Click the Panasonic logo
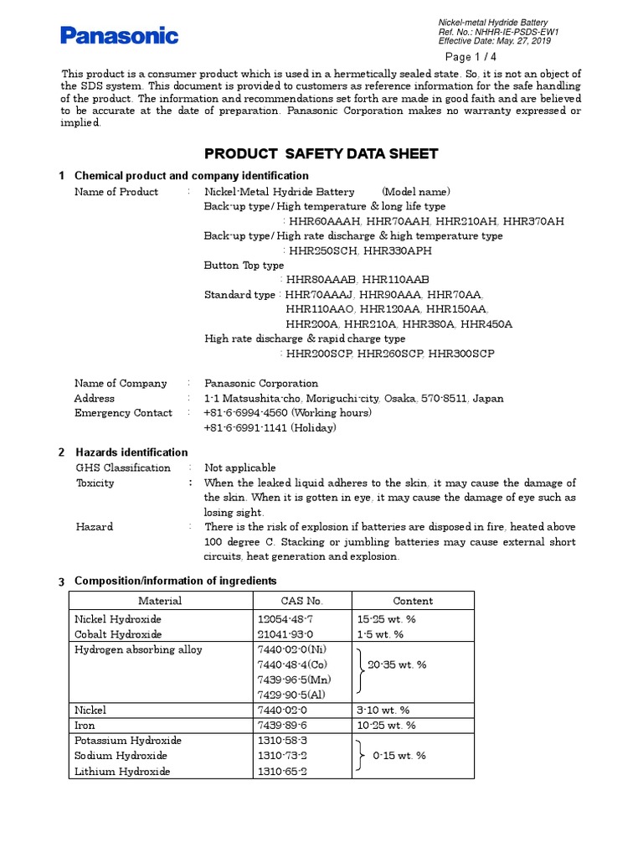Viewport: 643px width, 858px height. click(119, 35)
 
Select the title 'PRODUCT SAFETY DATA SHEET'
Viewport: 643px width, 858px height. click(321, 153)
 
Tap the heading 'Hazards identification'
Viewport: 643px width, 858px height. click(131, 452)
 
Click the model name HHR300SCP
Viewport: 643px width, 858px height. click(461, 354)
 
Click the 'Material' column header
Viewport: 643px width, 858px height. click(160, 601)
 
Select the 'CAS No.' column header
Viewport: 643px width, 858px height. click(302, 601)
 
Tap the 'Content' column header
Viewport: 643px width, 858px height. click(413, 601)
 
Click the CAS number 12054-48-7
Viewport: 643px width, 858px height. click(283, 619)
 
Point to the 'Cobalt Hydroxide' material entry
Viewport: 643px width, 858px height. click(118, 634)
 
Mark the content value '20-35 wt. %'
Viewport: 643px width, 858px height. click(397, 664)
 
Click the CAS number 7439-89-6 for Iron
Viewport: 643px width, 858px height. click(283, 726)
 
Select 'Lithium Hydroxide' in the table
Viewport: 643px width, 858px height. click(122, 772)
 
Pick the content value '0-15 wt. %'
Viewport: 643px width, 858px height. click(397, 756)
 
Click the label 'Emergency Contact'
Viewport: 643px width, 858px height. click(123, 413)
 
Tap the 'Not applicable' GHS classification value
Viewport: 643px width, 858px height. click(240, 468)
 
